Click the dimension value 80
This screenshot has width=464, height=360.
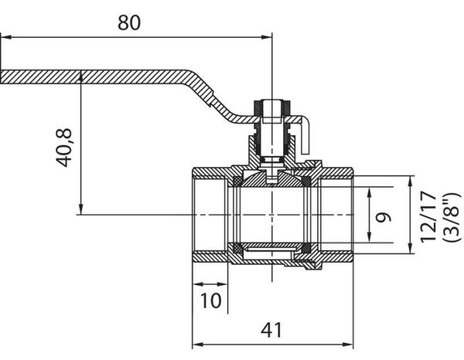coord(129,23)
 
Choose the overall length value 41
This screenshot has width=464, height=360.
coord(269,330)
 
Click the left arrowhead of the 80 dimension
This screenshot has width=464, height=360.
coord(5,36)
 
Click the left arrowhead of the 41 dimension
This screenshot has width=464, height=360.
coord(194,344)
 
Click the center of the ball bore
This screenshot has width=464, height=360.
coord(272,214)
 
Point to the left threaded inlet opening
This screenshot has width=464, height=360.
coord(209,214)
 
